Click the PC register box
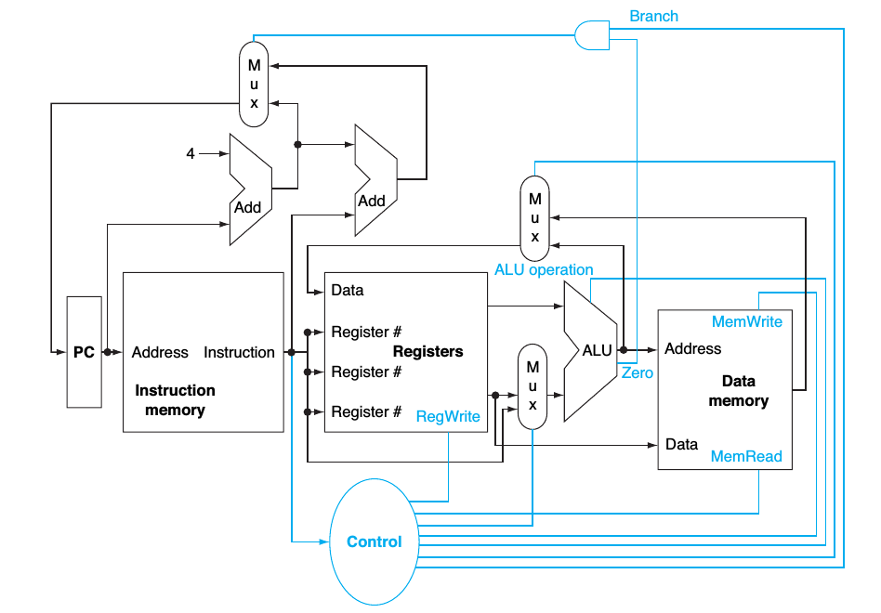click(84, 352)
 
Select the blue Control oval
click(375, 541)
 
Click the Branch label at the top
click(653, 16)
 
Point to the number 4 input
click(191, 153)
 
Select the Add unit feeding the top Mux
click(375, 181)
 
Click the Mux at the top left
click(254, 84)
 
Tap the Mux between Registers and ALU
click(533, 385)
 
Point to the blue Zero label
click(638, 372)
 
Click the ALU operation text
click(544, 270)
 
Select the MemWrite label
click(746, 321)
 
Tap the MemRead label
click(746, 456)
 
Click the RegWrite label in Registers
click(448, 416)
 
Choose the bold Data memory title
click(738, 391)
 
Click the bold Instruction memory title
click(175, 399)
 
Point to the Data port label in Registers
click(348, 291)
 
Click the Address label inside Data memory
click(692, 348)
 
